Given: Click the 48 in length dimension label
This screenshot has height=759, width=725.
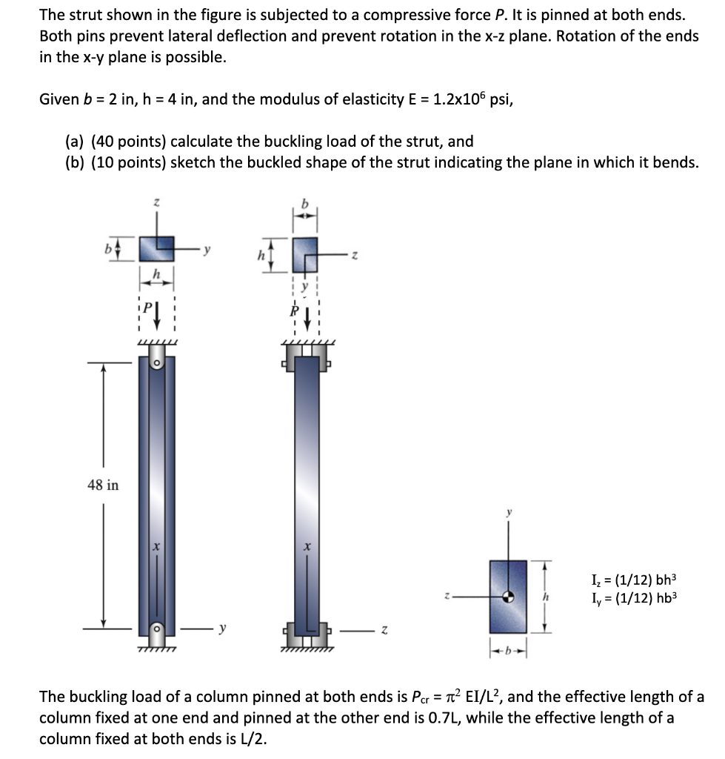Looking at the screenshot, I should (x=103, y=485).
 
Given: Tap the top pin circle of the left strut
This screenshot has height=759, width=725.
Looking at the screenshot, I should (x=156, y=363).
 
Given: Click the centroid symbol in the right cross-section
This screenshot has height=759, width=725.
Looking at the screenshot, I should (x=508, y=595).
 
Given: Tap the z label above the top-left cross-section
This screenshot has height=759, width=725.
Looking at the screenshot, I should (x=156, y=202).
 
